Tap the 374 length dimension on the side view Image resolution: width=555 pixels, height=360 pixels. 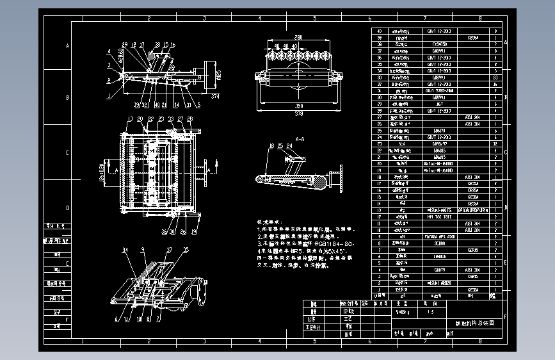214,97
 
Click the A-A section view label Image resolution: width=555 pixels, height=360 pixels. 300,138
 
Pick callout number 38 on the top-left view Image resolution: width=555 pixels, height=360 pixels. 158,45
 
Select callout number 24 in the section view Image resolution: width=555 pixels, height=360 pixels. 290,146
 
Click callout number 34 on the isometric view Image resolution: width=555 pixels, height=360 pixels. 125,249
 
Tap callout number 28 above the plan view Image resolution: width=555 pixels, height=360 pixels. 189,119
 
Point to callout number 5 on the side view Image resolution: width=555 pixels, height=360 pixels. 198,106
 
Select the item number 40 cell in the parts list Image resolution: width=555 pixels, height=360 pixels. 380,31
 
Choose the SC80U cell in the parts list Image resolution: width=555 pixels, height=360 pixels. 440,243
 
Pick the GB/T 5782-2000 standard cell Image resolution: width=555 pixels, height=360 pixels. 440,91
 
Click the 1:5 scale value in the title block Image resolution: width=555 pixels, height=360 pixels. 429,312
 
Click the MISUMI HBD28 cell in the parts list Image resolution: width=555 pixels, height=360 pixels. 440,283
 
